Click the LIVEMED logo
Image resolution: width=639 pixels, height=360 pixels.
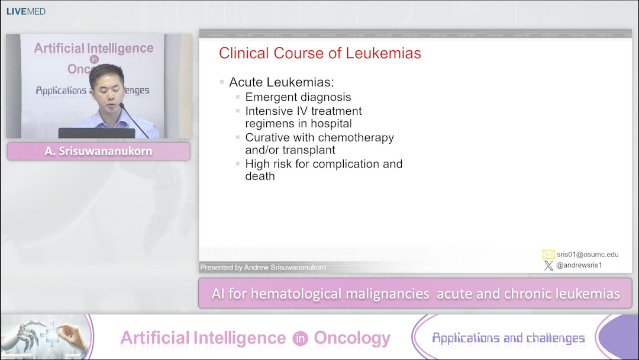pyautogui.click(x=26, y=11)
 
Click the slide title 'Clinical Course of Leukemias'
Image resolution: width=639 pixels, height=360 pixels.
pyautogui.click(x=319, y=53)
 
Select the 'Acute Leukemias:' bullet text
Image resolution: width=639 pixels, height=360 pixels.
pyautogui.click(x=281, y=82)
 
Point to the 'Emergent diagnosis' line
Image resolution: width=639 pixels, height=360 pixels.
pyautogui.click(x=298, y=97)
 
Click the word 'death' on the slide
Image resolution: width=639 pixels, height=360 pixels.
pyautogui.click(x=260, y=176)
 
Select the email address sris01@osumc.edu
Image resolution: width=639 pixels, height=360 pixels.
pyautogui.click(x=588, y=255)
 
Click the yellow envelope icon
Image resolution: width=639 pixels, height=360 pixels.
pyautogui.click(x=548, y=255)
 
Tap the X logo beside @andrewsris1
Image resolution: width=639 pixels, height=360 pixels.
pyautogui.click(x=548, y=266)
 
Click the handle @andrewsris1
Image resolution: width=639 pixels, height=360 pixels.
pyautogui.click(x=579, y=265)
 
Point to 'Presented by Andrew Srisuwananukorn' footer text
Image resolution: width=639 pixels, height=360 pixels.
pyautogui.click(x=263, y=268)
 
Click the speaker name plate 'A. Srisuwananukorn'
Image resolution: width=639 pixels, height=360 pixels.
pyautogui.click(x=98, y=151)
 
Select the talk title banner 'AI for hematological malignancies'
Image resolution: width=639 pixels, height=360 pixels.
pyautogui.click(x=415, y=294)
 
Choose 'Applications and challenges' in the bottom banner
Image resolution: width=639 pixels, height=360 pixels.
pyautogui.click(x=508, y=338)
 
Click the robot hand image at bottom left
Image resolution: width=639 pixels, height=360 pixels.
pyautogui.click(x=44, y=337)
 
